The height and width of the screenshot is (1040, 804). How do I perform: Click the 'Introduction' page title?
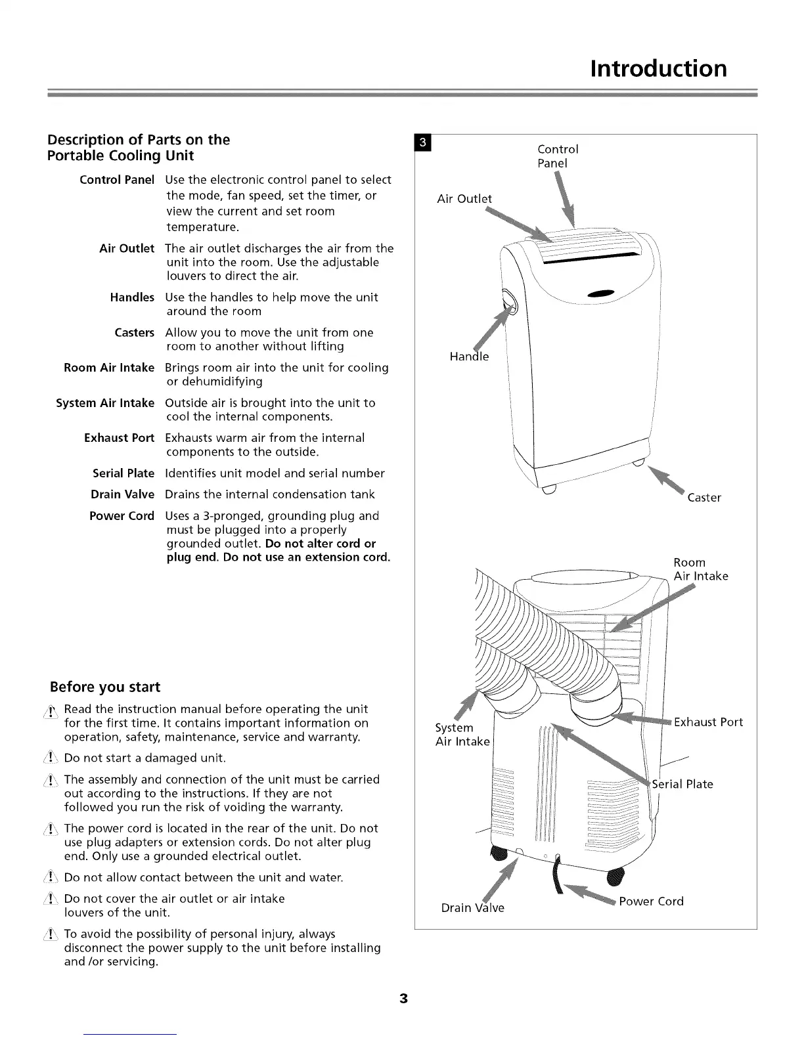pyautogui.click(x=658, y=68)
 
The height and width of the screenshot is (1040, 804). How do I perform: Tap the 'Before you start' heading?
pyautogui.click(x=105, y=687)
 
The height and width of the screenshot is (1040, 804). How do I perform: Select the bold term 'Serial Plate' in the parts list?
pyautogui.click(x=123, y=473)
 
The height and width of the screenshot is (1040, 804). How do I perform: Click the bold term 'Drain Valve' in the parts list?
pyautogui.click(x=122, y=494)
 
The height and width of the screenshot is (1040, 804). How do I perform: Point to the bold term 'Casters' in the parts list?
pyautogui.click(x=134, y=333)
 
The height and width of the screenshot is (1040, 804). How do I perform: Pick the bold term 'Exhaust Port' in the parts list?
pyautogui.click(x=119, y=438)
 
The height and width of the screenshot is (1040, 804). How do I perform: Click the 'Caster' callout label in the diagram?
pyautogui.click(x=704, y=498)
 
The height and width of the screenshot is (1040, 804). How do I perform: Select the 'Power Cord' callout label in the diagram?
pyautogui.click(x=651, y=901)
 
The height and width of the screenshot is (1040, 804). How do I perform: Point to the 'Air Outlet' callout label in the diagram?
pyautogui.click(x=464, y=199)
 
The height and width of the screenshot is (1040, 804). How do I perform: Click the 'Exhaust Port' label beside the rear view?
pyautogui.click(x=708, y=722)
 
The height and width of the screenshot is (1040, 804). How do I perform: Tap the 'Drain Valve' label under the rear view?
pyautogui.click(x=472, y=908)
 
